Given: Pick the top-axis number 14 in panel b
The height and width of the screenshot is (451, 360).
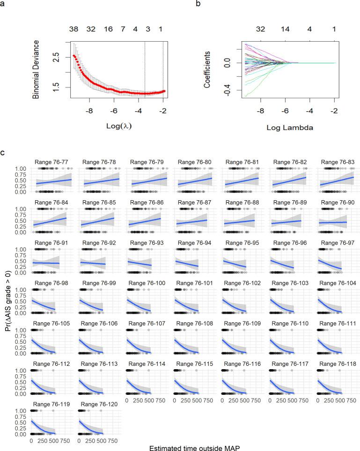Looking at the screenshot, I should (x=285, y=29).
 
